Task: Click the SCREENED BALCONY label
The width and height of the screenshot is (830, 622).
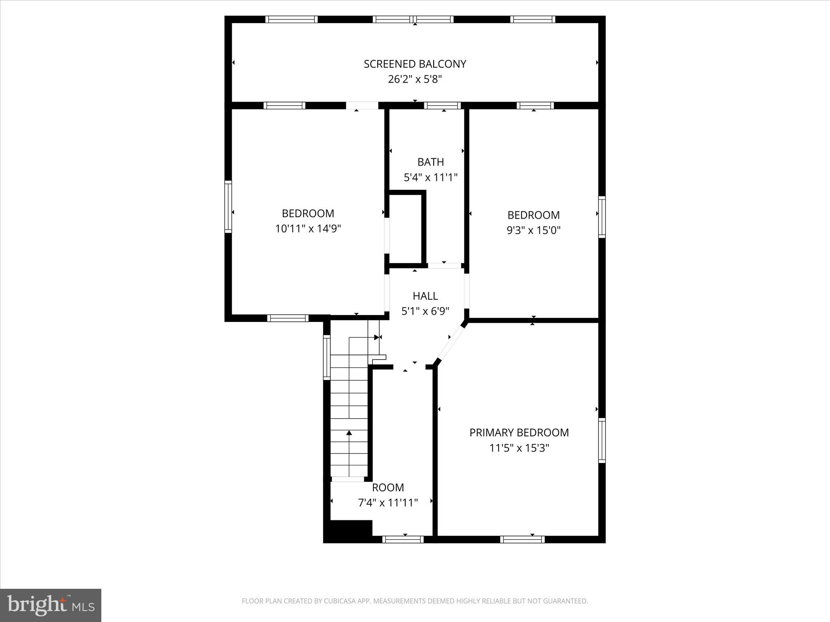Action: coord(415,64)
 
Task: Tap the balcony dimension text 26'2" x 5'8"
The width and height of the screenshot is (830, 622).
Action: coord(415,79)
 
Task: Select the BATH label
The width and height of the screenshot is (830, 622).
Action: coord(430,162)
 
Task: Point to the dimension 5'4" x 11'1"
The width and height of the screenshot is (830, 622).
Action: coord(430,177)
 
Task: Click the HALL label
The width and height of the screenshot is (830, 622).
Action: coord(425,296)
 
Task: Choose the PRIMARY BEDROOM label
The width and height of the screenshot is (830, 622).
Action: coord(519,432)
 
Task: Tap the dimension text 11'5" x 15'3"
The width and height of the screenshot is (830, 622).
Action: coord(519,448)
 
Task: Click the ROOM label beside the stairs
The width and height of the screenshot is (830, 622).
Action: coord(388,487)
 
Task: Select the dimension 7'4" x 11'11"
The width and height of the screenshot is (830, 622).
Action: coord(388,503)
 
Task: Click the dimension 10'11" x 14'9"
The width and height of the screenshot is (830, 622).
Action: coord(308,229)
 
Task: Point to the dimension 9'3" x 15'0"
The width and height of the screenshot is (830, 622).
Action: coord(533,230)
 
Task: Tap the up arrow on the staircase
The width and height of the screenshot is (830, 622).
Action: coord(349,433)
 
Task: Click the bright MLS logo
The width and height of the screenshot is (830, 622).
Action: coord(51,605)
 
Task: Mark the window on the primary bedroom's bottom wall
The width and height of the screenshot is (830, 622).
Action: coord(522,539)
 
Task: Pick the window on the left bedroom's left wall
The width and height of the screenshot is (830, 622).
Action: coord(228,207)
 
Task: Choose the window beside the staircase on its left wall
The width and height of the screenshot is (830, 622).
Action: coord(326,357)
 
